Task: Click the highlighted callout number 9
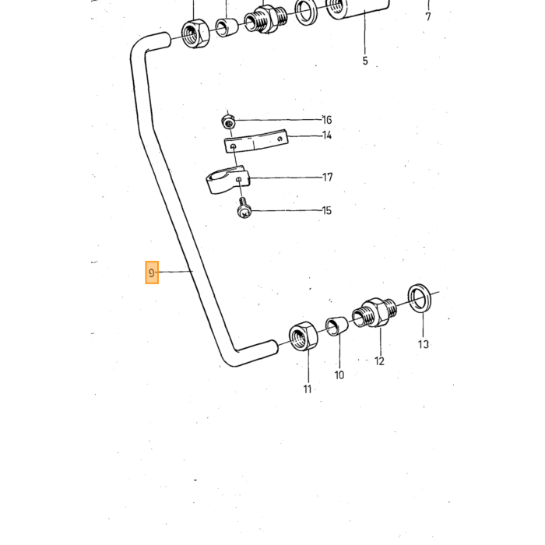pyautogui.click(x=152, y=272)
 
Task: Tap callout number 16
pyautogui.click(x=327, y=120)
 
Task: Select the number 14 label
pyautogui.click(x=327, y=135)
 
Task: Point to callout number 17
pyautogui.click(x=328, y=178)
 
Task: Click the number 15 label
pyautogui.click(x=327, y=210)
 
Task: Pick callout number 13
pyautogui.click(x=423, y=344)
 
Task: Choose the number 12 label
pyautogui.click(x=380, y=361)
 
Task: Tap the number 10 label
pyautogui.click(x=339, y=375)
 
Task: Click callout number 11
pyautogui.click(x=308, y=389)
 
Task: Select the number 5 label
pyautogui.click(x=365, y=61)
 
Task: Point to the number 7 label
pyautogui.click(x=428, y=16)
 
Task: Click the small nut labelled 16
pyautogui.click(x=228, y=121)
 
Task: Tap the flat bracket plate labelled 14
pyautogui.click(x=256, y=141)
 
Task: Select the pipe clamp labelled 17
pyautogui.click(x=227, y=179)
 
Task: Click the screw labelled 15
pyautogui.click(x=244, y=209)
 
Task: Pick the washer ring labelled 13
pyautogui.click(x=420, y=298)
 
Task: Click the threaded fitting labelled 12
pyautogui.click(x=374, y=312)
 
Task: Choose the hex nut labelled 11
pyautogui.click(x=303, y=336)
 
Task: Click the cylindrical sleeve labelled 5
pyautogui.click(x=358, y=9)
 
